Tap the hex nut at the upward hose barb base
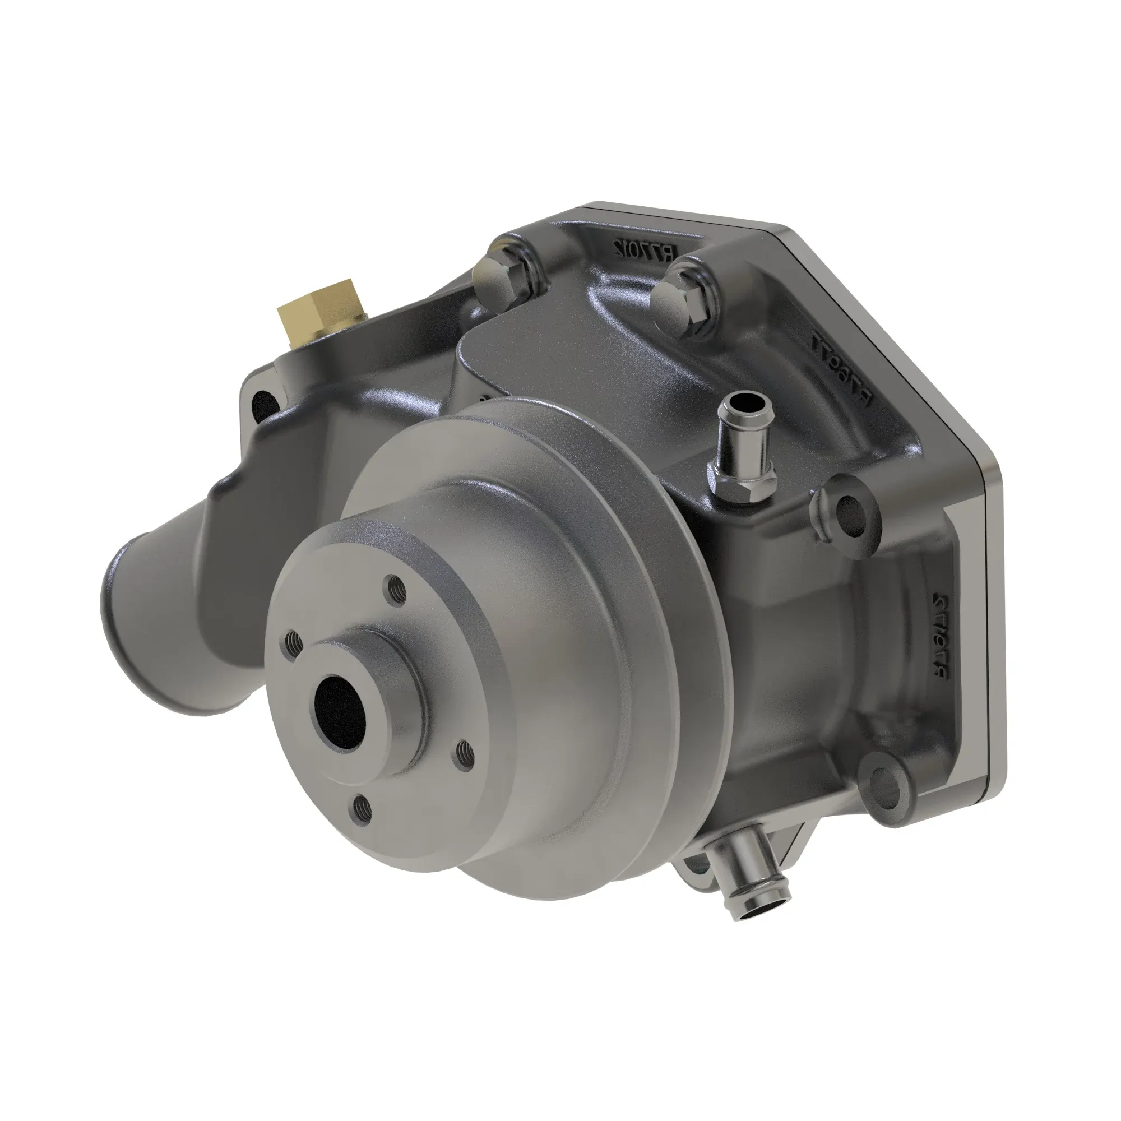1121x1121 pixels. (x=739, y=469)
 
